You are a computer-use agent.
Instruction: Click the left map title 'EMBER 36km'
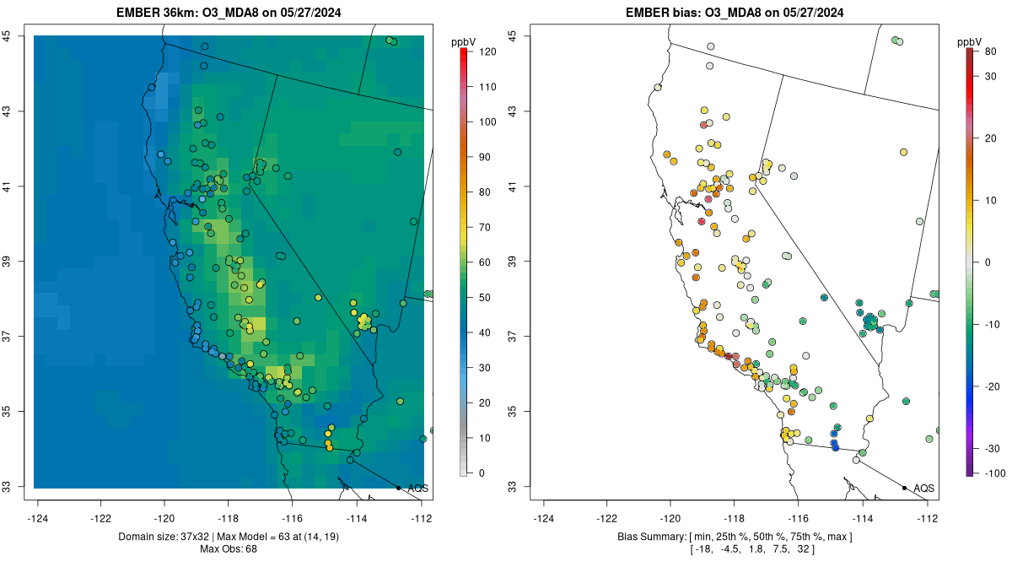coord(161,13)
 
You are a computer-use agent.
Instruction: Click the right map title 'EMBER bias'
coord(660,13)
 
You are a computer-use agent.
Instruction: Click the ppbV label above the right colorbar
coord(971,41)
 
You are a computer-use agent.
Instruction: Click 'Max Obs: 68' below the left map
coord(229,549)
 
